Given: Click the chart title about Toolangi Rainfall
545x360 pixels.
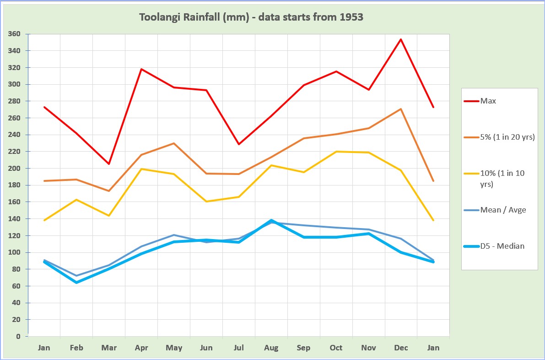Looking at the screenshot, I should click(x=251, y=17).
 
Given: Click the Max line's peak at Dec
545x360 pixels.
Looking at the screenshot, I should click(x=401, y=39).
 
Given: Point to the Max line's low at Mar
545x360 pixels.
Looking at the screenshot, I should click(x=109, y=164).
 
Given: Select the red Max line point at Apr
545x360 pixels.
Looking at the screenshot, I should click(x=142, y=69).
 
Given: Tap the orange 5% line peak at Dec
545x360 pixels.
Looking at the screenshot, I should click(x=401, y=109).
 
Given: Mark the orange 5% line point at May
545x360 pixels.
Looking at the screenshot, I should click(x=174, y=143).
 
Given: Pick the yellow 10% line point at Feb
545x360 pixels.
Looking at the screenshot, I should click(x=76, y=200).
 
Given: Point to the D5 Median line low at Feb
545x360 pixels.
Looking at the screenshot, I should click(x=76, y=282).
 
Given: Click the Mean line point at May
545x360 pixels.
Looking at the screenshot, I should click(x=174, y=235).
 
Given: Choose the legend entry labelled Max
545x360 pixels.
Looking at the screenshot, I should click(x=488, y=101).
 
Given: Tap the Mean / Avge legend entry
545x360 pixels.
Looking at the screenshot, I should click(x=503, y=210).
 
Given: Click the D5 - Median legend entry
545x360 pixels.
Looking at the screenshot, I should click(x=502, y=246).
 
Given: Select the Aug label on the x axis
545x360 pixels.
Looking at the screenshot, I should click(x=271, y=348).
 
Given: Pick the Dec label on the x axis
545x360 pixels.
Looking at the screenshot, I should click(x=401, y=348).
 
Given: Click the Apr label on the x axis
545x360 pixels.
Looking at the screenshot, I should click(x=141, y=348).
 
